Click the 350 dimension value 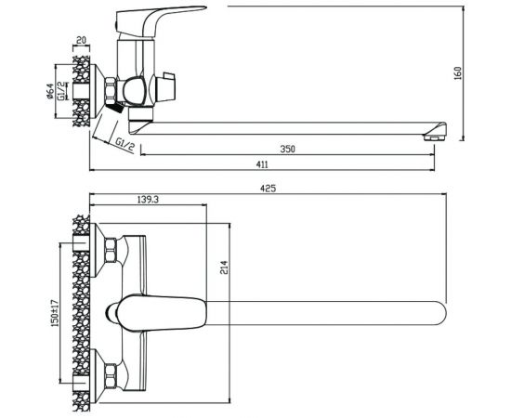(x=287, y=150)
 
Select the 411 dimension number (x=262, y=164)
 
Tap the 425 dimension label (x=268, y=189)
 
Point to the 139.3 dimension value (x=148, y=200)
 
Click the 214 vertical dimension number (x=224, y=268)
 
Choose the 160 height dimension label (x=457, y=73)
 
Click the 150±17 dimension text (x=55, y=313)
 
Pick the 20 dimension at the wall (x=81, y=40)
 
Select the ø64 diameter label (x=50, y=91)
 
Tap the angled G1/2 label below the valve (x=124, y=145)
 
